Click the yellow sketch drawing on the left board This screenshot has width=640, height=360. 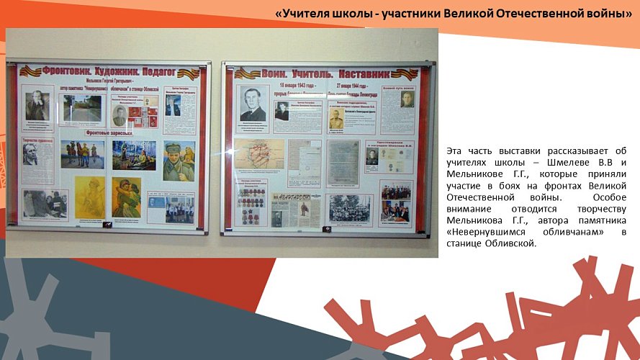90,197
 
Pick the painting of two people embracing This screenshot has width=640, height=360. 126,197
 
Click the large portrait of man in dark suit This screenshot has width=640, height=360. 253,105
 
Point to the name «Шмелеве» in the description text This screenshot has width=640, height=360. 545,161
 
